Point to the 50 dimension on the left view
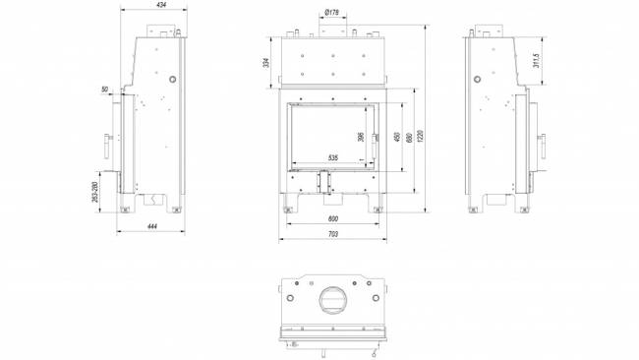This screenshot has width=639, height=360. tap(106, 90)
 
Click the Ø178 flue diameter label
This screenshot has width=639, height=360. tap(331, 12)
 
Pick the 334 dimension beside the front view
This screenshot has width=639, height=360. tap(266, 63)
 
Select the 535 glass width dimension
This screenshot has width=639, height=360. tap(332, 157)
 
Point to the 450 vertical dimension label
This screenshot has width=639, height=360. tap(396, 139)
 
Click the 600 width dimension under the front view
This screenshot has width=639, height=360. tap(332, 218)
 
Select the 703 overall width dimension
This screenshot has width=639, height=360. tap(332, 234)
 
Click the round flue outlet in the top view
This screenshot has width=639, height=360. tap(332, 299)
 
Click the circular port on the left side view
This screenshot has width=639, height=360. tap(173, 78)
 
